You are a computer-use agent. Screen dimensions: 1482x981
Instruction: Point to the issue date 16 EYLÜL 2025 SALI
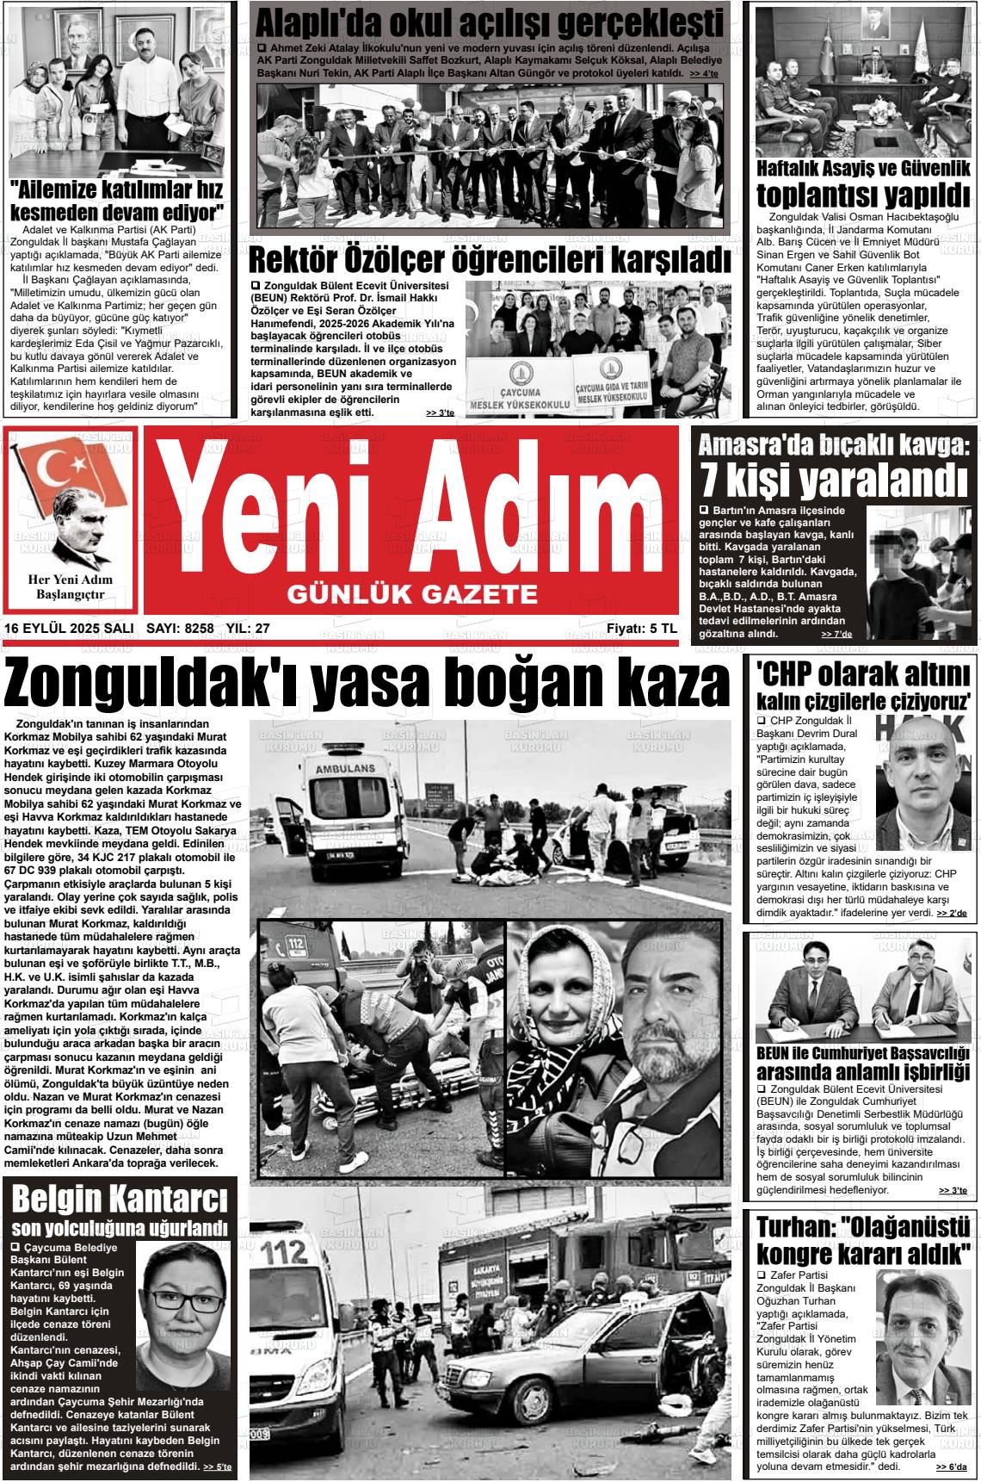69,629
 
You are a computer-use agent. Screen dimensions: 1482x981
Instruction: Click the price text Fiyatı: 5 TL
641,629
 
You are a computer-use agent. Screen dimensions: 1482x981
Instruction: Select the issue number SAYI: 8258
180,629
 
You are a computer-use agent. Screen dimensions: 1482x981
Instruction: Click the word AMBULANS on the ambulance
344,768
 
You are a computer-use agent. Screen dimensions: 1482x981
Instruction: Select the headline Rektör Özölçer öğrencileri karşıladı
489,259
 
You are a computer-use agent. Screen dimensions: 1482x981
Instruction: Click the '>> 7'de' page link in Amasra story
836,634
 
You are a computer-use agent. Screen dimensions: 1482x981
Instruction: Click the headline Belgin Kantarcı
120,1199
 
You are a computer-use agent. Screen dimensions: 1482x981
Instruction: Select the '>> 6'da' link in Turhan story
952,1466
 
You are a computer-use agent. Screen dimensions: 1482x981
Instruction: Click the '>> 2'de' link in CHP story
952,912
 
